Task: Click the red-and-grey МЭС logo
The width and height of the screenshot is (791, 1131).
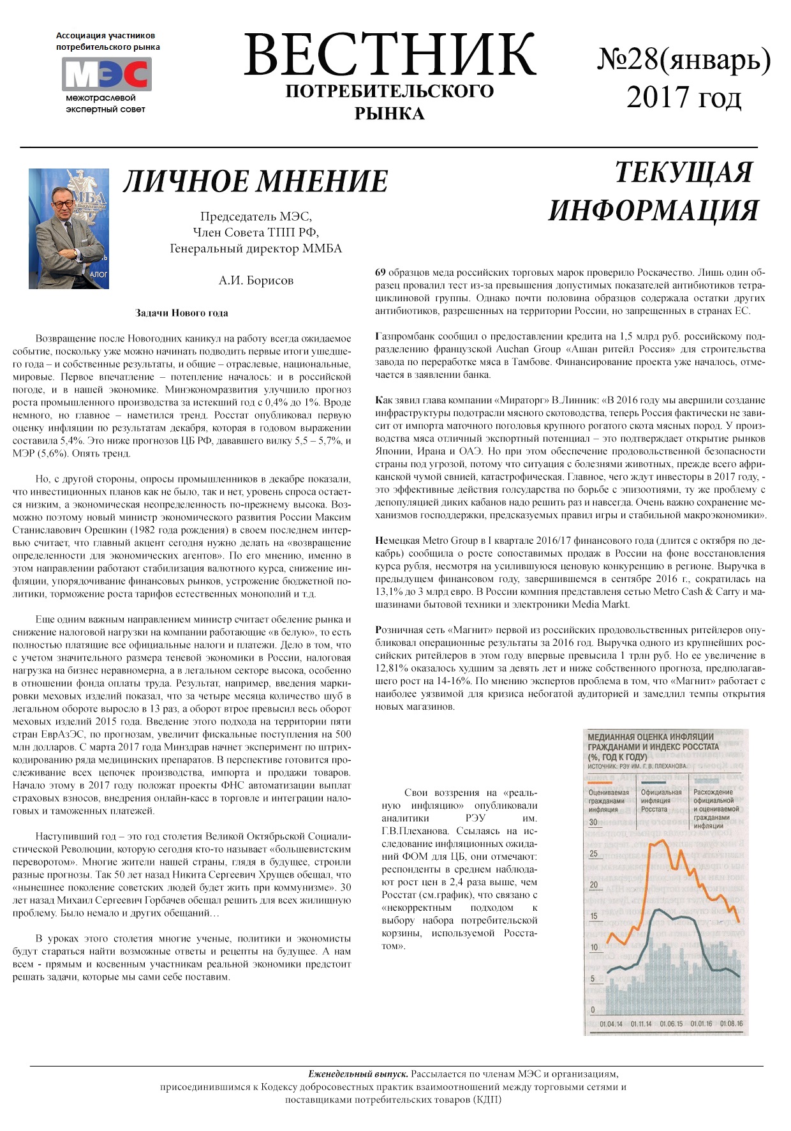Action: [x=107, y=74]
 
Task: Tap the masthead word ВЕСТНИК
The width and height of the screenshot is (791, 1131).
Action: [x=389, y=55]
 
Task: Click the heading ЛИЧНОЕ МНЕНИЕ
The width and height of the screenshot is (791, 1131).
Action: [x=255, y=181]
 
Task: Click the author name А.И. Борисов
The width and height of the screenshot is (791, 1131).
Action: [x=256, y=280]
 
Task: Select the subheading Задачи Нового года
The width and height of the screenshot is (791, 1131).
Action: [x=182, y=313]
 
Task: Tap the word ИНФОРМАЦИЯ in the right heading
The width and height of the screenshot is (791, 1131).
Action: [x=653, y=211]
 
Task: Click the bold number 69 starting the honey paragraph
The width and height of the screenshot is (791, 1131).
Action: [x=380, y=273]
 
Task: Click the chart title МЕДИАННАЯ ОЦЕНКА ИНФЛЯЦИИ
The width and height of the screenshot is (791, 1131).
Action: [x=651, y=737]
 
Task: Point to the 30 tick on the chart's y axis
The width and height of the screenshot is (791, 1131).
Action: [x=593, y=822]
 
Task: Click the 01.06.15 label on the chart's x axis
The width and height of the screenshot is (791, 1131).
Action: [x=671, y=1024]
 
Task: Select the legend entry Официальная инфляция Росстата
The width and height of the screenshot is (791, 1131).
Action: [x=661, y=800]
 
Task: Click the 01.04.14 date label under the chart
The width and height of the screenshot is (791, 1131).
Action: [x=611, y=1024]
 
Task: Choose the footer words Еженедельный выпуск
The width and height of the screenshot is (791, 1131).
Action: [x=358, y=1074]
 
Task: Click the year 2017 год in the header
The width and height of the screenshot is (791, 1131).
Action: [x=684, y=98]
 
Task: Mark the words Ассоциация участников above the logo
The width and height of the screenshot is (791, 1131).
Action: [x=105, y=36]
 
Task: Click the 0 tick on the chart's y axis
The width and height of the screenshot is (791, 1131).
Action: [x=593, y=1010]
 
